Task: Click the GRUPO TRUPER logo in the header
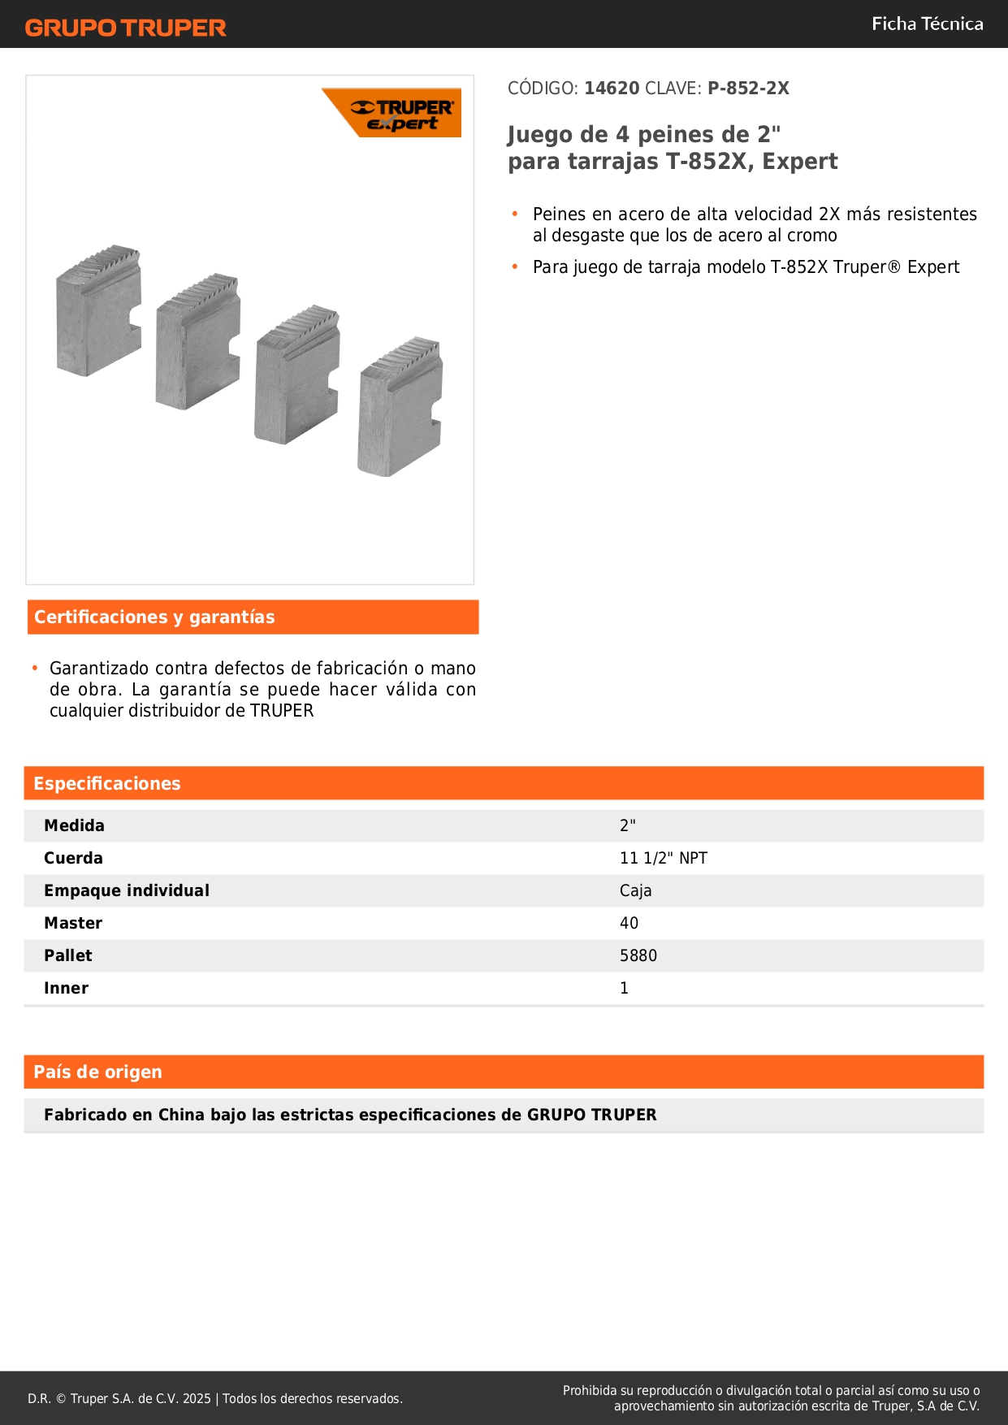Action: pos(125,28)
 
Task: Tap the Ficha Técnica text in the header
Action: pos(927,24)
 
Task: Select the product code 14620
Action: pos(612,89)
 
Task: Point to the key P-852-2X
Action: pos(748,89)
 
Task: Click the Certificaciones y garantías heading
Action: pos(154,617)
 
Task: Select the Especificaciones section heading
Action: pos(107,784)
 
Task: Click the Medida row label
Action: pos(74,825)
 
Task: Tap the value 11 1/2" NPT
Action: pos(663,858)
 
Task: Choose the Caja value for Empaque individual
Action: pos(635,890)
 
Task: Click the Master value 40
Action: pos(629,923)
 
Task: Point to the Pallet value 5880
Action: pos(638,955)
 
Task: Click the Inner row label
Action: pos(66,988)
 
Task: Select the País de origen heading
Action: pos(97,1072)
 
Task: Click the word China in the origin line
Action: pos(181,1115)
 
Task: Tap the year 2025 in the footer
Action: pos(197,1398)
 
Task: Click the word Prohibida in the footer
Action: pos(591,1391)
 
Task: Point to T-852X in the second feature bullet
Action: pos(799,267)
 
